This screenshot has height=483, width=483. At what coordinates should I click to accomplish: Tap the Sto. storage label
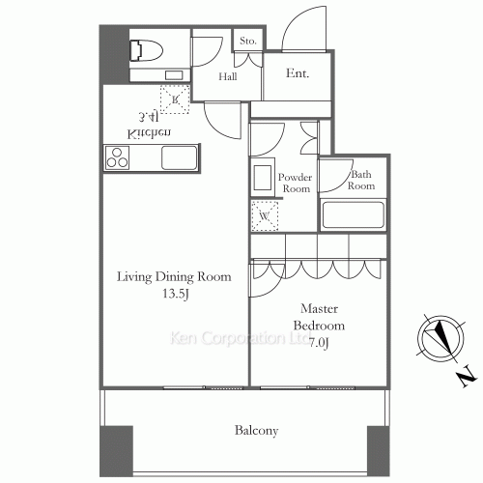click(248, 41)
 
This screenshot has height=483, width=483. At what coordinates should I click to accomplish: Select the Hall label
click(228, 76)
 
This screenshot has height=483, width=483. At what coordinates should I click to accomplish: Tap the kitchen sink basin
click(180, 156)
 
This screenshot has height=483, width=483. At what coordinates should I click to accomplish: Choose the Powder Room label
click(295, 184)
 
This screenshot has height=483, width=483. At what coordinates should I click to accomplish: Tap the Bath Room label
click(361, 181)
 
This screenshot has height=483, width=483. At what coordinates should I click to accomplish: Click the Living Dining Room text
click(174, 276)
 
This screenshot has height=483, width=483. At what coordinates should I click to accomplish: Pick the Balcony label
click(256, 431)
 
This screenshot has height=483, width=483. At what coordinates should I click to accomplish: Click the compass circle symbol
click(438, 337)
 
